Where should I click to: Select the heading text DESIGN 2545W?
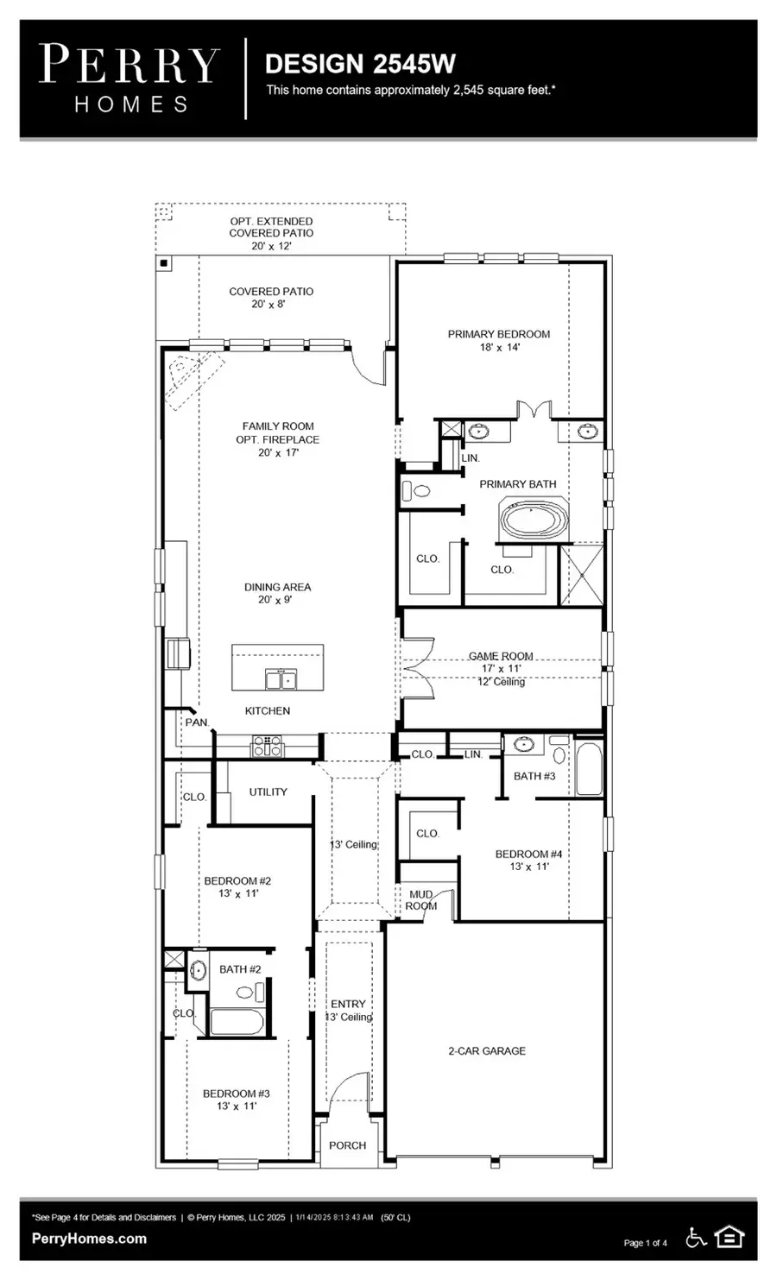360,64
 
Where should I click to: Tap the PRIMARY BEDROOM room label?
498,335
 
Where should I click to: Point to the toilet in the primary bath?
418,491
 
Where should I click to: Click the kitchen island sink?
280,679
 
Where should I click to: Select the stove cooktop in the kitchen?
267,746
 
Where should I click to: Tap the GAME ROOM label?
501,656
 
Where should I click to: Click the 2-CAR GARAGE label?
486,1050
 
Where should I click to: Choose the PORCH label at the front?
347,1145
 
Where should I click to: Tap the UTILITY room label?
268,791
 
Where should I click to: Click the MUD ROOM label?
421,900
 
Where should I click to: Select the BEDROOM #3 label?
236,1094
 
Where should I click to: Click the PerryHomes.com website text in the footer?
89,1239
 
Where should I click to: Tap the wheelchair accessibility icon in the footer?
695,1238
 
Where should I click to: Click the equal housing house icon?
730,1238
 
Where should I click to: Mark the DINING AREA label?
277,587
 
